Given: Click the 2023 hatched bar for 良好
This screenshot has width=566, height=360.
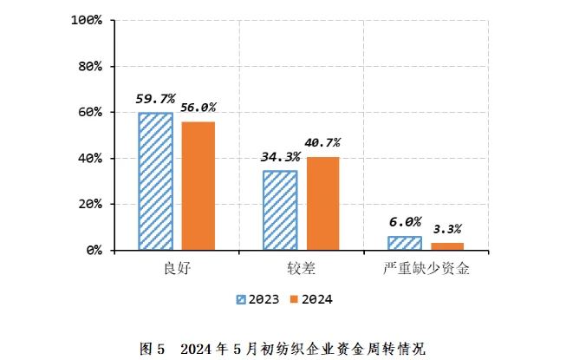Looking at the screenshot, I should [155, 181].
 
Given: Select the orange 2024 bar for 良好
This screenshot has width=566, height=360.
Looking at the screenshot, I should [198, 186].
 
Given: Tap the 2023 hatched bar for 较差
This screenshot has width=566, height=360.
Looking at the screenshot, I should [280, 211].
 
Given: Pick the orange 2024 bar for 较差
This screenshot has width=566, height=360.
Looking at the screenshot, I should [322, 203].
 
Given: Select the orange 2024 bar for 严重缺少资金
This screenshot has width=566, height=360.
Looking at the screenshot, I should [447, 246].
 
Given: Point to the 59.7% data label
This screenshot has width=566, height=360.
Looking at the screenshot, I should [154, 99].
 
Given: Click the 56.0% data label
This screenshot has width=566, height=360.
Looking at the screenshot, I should [198, 108].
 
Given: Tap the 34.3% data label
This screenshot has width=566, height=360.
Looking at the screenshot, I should [280, 157].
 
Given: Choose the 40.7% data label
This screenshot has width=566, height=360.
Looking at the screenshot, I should [322, 142].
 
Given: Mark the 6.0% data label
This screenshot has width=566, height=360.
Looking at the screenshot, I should [405, 222].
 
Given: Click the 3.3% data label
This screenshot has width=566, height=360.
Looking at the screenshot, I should [447, 229].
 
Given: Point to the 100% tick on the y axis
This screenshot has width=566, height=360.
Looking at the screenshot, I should [87, 20].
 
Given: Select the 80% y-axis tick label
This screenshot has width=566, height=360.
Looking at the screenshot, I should [90, 66].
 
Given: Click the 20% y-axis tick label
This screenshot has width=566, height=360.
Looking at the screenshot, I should [90, 205].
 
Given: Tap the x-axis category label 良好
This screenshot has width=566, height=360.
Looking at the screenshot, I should [176, 268].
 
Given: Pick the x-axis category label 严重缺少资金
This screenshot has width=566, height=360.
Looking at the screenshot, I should [426, 268].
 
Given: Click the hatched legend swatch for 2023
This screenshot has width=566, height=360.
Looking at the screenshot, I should [242, 299].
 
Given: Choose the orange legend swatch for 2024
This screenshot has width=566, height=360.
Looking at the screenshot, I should [294, 299].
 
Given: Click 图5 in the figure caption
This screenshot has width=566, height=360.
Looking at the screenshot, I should [152, 349].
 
